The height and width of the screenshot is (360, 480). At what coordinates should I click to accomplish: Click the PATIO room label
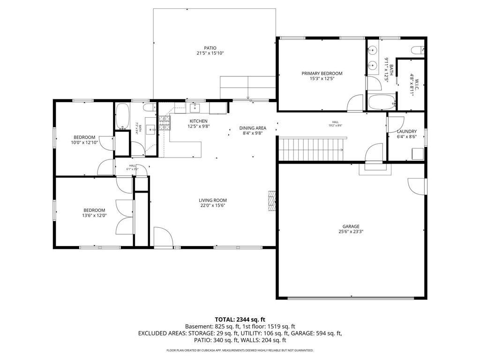(210, 48)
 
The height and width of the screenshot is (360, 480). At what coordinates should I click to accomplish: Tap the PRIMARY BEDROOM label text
(322, 73)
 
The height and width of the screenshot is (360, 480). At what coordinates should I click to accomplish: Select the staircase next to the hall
(311, 150)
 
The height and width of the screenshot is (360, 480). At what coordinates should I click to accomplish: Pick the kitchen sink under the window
(195, 108)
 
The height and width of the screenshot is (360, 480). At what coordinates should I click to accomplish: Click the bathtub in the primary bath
(377, 102)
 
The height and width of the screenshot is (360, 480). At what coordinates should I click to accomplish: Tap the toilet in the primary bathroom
(417, 49)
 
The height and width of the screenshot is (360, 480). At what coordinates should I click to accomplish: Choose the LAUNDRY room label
(406, 132)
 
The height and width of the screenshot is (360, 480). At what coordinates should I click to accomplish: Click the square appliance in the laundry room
(417, 153)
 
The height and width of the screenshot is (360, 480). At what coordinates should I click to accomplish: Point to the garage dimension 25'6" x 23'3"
(351, 231)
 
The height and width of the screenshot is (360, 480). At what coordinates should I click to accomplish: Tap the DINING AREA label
(253, 128)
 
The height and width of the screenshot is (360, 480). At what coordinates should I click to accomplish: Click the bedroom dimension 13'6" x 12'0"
(94, 216)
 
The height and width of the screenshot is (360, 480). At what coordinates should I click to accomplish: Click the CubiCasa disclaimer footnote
(240, 350)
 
